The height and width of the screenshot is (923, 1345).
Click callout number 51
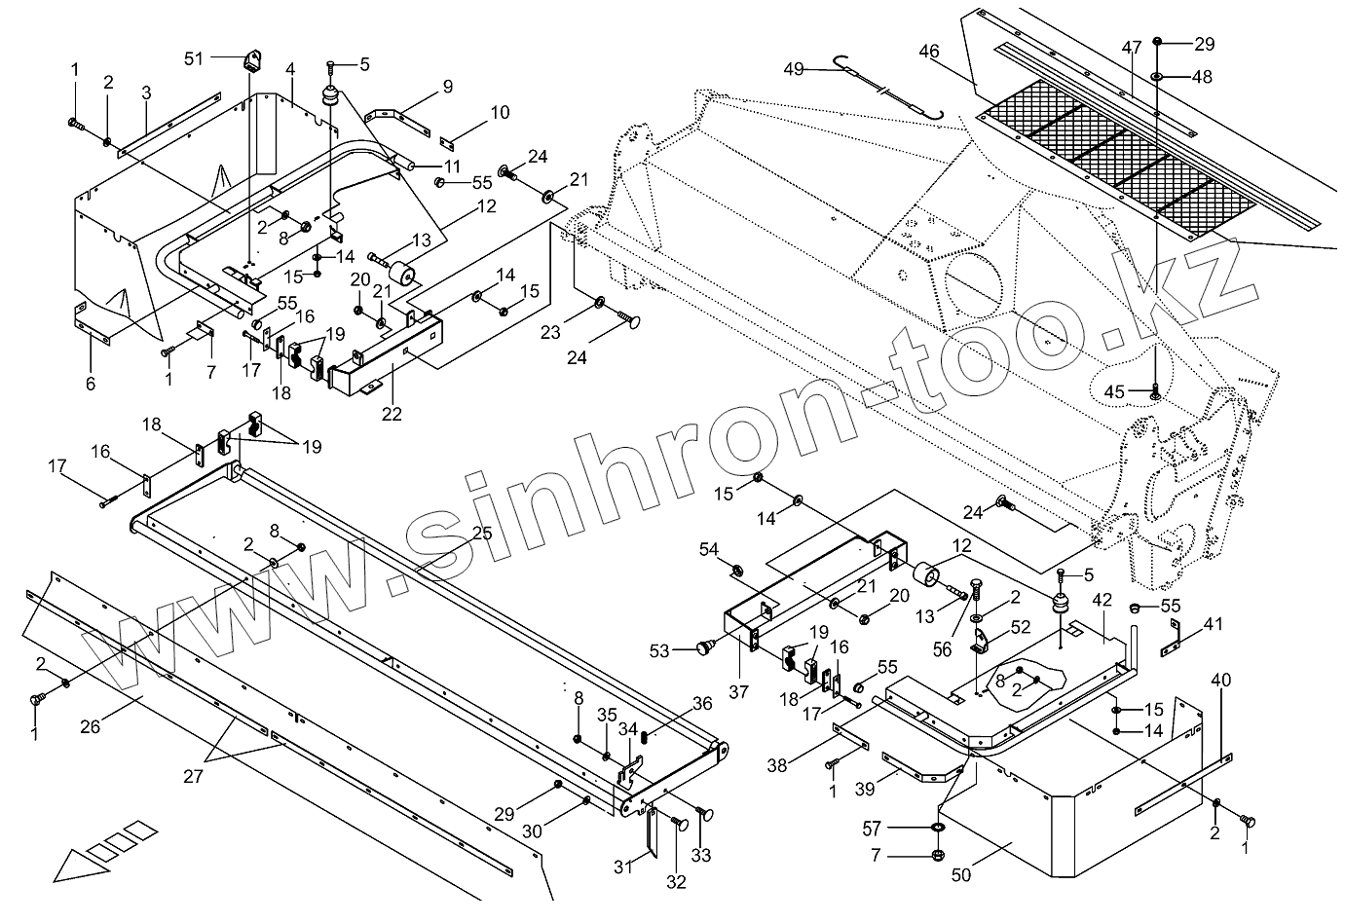195,58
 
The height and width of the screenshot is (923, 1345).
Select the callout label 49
794,68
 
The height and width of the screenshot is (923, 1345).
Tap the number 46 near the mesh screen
928,52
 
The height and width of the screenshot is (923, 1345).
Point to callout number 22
391,412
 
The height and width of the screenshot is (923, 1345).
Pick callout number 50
961,875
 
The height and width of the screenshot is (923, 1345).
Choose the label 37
738,692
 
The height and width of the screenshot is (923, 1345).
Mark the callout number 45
1114,391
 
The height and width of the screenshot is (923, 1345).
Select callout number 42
1102,600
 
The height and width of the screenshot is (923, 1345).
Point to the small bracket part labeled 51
255,61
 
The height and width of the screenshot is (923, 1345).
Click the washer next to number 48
1156,76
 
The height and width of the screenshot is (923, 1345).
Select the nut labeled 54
737,568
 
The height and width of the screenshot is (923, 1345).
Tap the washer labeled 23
599,300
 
